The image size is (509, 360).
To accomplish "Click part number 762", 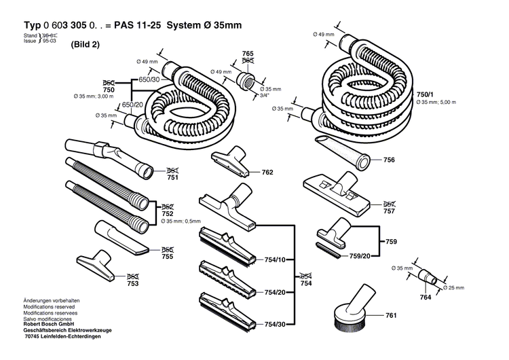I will coord(267,173).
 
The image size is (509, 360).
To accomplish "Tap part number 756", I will coord(389,160).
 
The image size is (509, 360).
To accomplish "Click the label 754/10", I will coord(274,259).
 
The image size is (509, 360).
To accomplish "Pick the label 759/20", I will coord(360,256).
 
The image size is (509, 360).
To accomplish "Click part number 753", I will coord(132,284).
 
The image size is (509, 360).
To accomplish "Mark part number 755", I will coord(168,256).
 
